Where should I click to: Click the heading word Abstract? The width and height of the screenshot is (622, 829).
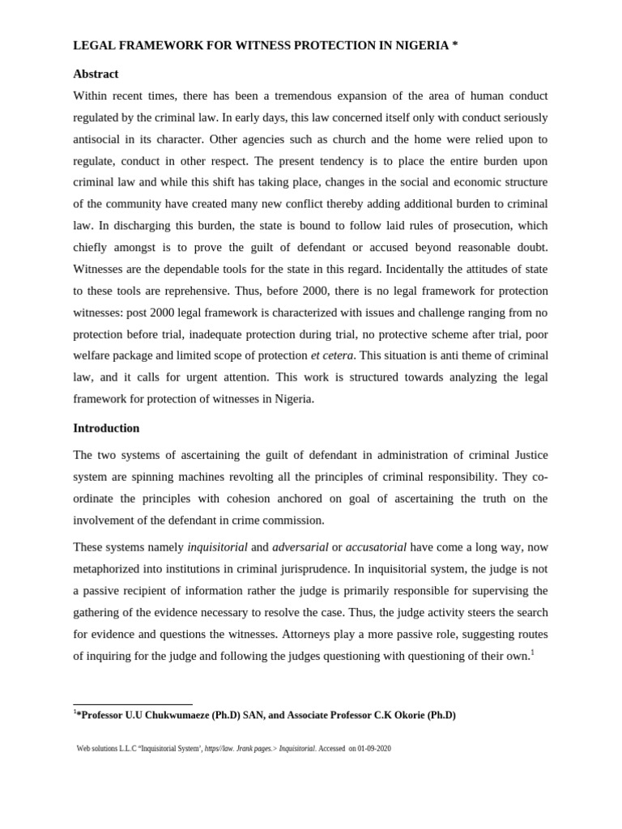pyautogui.click(x=96, y=74)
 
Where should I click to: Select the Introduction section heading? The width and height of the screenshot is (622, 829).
pyautogui.click(x=106, y=427)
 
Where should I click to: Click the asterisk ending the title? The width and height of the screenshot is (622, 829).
pyautogui.click(x=455, y=45)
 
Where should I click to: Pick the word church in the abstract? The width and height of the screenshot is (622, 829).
pyautogui.click(x=349, y=139)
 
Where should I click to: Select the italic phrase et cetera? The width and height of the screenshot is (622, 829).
pyautogui.click(x=332, y=355)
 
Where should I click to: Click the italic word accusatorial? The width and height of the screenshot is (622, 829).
pyautogui.click(x=376, y=547)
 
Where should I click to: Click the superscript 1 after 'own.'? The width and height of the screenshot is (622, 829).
pyautogui.click(x=533, y=653)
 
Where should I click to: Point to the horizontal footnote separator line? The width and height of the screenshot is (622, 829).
pyautogui.click(x=133, y=705)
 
